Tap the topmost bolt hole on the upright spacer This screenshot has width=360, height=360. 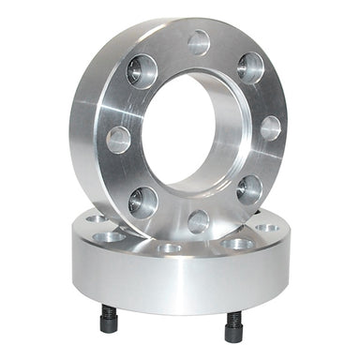(199, 41)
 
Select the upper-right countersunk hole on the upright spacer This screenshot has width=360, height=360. (250, 67)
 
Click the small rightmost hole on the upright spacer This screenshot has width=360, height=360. (270, 127)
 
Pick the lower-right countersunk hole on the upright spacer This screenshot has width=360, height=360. (249, 189)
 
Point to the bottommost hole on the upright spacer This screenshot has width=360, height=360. (198, 221)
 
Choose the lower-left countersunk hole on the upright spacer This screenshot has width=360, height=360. (143, 200)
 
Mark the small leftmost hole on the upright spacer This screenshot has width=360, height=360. (118, 140)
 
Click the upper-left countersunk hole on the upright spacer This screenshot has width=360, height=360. (142, 71)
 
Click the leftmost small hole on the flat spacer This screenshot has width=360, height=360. (95, 219)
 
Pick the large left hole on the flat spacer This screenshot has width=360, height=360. (111, 236)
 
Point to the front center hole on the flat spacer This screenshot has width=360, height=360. (171, 248)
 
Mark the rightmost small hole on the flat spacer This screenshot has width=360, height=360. (267, 227)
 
